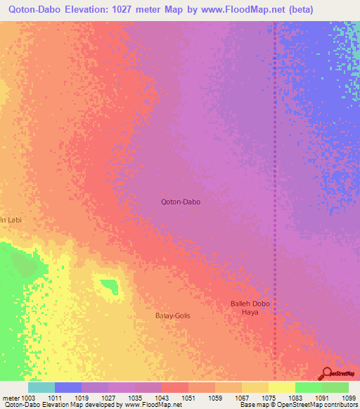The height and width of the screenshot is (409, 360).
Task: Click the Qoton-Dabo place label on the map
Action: [x=181, y=202]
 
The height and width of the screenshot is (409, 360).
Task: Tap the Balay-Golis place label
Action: [x=172, y=316]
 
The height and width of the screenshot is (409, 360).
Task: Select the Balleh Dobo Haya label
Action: [x=250, y=308]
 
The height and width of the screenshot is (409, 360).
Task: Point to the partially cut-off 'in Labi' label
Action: [x=11, y=220]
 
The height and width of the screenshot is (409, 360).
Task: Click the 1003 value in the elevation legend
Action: [x=29, y=398]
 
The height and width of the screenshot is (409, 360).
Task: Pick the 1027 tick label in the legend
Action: [x=108, y=398]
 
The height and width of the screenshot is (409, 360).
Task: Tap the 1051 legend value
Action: [x=188, y=398]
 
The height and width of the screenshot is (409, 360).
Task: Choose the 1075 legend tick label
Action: [x=268, y=398]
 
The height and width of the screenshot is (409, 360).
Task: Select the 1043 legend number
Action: [x=162, y=398]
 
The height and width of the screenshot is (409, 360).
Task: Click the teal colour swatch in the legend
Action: [x=41, y=387]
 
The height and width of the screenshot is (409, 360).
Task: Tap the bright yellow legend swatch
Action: [x=281, y=387]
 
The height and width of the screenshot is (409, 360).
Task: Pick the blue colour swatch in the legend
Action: [x=68, y=387]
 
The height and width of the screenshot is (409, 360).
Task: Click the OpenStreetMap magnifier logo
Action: [x=327, y=374]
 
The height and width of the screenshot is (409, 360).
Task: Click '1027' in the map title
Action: [x=122, y=9]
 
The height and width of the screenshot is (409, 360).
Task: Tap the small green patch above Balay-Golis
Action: [x=108, y=285]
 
